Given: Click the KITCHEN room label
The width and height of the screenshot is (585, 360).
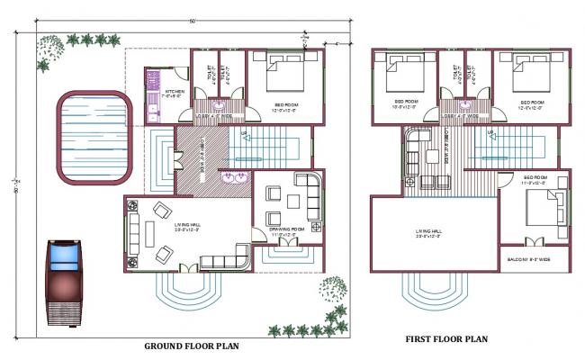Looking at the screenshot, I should tap(175, 92).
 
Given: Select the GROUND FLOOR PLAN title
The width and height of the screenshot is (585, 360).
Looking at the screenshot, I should tap(192, 345).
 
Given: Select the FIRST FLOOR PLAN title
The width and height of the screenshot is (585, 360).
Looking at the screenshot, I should tap(445, 339).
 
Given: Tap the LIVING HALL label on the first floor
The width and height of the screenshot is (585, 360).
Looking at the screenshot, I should tap(432, 231).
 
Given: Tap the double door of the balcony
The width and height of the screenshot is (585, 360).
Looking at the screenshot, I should tap(534, 241).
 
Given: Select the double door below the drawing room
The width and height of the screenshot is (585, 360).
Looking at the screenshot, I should tap(286, 242).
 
